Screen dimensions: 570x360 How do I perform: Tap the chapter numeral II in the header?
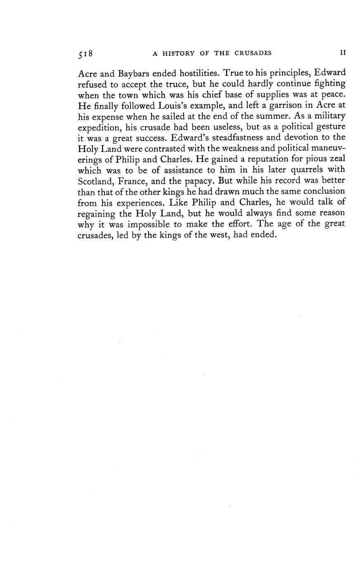(x=342, y=53)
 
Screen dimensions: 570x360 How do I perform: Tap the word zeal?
(x=336, y=159)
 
